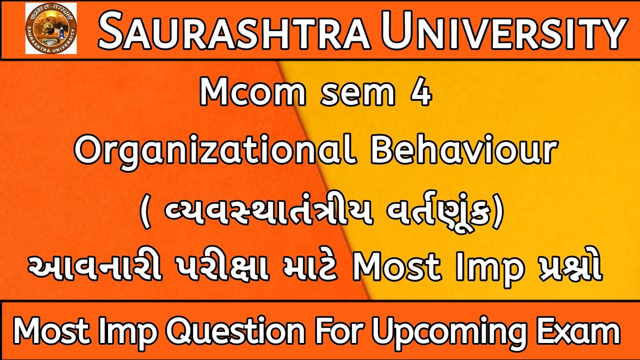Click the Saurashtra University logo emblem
[51, 28]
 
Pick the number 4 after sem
[422, 93]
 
